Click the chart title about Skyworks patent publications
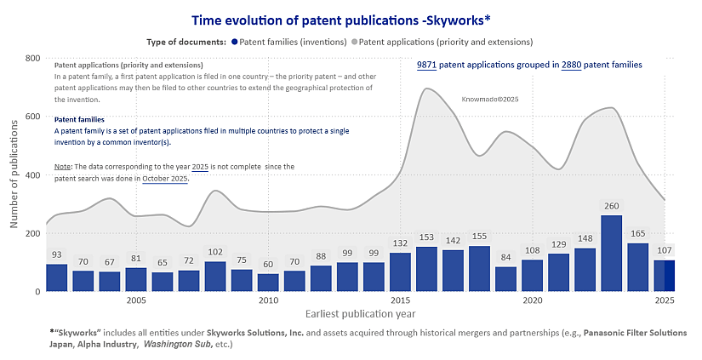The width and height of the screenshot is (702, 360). (x=351, y=20)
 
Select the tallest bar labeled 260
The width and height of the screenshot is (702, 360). (x=611, y=254)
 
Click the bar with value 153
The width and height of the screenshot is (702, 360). (x=426, y=269)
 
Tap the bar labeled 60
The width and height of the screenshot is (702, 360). (x=268, y=283)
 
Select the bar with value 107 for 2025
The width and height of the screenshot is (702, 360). (x=664, y=276)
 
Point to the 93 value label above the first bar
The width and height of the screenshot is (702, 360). (x=57, y=254)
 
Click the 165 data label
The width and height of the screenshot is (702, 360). (x=637, y=233)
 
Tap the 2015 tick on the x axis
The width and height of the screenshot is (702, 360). (x=400, y=300)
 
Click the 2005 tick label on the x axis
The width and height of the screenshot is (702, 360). (x=136, y=300)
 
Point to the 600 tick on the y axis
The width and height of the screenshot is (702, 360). (x=33, y=117)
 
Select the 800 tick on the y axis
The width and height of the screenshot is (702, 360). (x=33, y=58)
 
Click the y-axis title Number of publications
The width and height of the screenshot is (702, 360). (x=14, y=174)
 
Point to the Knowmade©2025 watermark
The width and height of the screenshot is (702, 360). (x=490, y=100)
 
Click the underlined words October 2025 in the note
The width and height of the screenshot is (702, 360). (x=165, y=179)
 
